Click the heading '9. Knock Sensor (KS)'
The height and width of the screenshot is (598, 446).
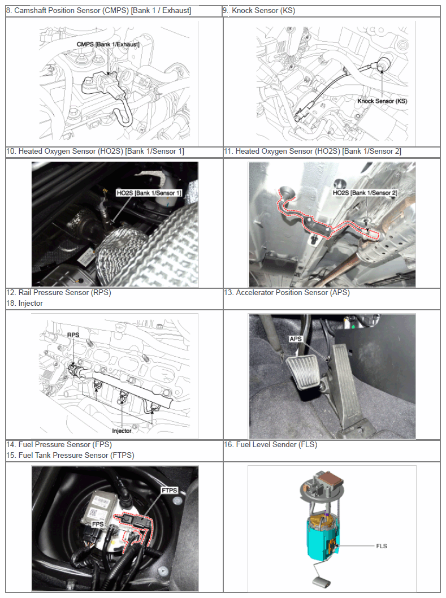(259, 11)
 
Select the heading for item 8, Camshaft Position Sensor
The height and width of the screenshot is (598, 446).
(99, 11)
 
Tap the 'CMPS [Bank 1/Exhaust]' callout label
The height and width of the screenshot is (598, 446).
(108, 44)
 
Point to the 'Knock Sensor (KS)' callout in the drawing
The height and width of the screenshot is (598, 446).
(382, 101)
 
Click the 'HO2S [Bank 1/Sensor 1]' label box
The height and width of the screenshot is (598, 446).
(149, 193)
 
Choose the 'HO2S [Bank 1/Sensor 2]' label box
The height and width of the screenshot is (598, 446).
(365, 193)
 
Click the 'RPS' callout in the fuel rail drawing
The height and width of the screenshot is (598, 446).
(73, 335)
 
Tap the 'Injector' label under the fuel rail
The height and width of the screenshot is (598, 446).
(122, 431)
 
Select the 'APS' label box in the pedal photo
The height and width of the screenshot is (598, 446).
(296, 339)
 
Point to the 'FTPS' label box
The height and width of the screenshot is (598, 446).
(170, 490)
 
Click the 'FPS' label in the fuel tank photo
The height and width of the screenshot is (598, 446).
(98, 524)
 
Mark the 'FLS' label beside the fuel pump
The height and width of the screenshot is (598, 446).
(382, 546)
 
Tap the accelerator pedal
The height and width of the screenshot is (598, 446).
(345, 385)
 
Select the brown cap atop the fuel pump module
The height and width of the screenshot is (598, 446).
(331, 478)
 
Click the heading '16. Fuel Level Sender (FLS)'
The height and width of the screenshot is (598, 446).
(271, 445)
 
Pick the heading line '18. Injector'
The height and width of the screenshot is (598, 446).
(25, 304)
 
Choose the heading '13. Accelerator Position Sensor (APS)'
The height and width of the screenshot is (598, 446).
(287, 293)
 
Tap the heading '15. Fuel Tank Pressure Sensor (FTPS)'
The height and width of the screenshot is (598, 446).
(71, 456)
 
